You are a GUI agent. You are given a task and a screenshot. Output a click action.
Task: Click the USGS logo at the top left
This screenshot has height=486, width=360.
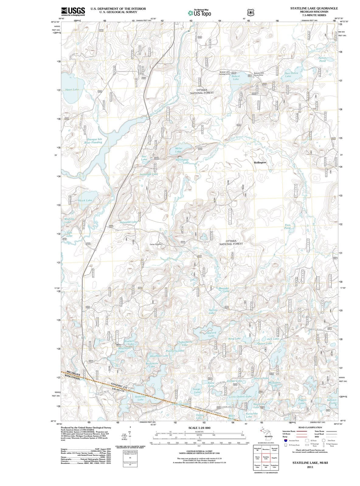tap(73, 11)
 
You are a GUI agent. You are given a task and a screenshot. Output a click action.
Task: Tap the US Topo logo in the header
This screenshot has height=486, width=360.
tap(199, 13)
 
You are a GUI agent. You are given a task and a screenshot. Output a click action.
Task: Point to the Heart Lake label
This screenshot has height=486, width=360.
tap(72, 90)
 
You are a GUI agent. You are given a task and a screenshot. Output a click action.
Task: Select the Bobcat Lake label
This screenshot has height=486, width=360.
tap(236, 78)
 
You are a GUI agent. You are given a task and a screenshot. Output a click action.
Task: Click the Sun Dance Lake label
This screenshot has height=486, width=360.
tap(291, 74)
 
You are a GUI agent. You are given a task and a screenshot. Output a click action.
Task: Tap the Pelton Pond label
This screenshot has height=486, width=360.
tap(323, 59)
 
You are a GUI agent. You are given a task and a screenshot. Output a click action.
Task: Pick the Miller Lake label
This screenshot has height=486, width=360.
tap(178, 150)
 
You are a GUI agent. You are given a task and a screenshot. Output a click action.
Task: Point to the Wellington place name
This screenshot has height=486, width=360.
tap(260, 163)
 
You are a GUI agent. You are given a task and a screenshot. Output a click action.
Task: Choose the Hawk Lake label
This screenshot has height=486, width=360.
tap(85, 200)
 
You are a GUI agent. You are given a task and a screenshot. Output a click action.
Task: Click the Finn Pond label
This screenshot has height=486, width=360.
tap(287, 227)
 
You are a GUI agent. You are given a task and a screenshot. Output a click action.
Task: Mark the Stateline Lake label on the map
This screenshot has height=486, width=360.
tap(140, 398)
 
